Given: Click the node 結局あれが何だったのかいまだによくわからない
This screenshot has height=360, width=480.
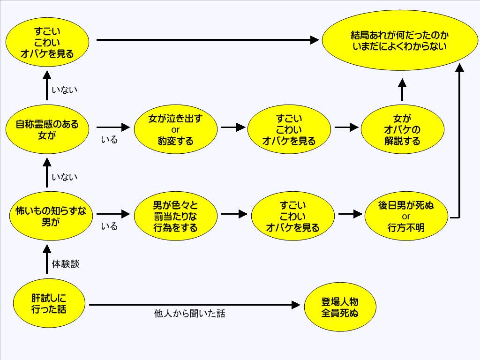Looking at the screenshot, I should (399, 40).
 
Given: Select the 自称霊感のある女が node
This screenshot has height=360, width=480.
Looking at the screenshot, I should (47, 130).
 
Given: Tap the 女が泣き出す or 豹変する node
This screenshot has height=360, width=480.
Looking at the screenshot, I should (176, 129).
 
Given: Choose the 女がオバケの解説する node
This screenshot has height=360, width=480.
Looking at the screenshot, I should (402, 129).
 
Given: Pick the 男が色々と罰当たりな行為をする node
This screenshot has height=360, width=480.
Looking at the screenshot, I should (176, 217).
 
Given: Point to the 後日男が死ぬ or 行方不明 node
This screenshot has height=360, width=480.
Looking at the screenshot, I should (406, 217).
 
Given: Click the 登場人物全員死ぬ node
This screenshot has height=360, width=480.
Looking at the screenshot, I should (340, 307).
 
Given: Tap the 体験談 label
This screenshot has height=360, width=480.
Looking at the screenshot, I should (66, 264).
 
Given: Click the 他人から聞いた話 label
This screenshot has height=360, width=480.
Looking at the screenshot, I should (189, 314).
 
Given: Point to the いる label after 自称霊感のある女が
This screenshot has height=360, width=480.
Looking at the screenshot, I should (109, 140).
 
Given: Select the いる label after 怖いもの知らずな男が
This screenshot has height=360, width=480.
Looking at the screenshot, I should (109, 227).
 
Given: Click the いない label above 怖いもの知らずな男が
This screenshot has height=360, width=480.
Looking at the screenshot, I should (64, 177).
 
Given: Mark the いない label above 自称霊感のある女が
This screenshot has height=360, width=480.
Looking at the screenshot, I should (64, 90).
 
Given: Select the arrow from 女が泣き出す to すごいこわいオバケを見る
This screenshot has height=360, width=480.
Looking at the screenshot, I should (233, 127).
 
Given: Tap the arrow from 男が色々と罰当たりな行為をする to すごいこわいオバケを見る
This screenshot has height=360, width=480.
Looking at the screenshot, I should (234, 214).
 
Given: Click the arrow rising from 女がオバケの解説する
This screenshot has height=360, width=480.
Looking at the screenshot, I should (402, 90).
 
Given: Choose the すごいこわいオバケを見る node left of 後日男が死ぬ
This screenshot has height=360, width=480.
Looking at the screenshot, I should (292, 217).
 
